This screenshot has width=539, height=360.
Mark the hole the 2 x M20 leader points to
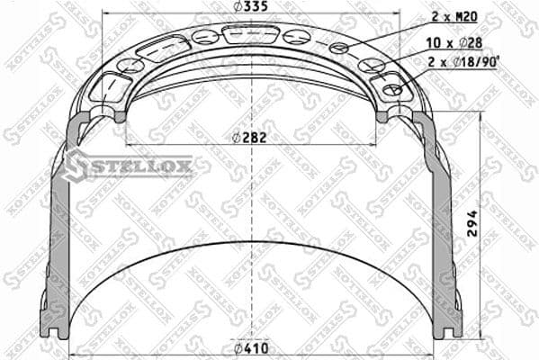tap(339, 48)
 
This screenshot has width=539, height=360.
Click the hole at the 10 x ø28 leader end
tap(369, 66)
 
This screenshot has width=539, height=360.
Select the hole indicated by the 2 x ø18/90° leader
tap(391, 90)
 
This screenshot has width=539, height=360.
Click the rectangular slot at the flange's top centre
tap(251, 35)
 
